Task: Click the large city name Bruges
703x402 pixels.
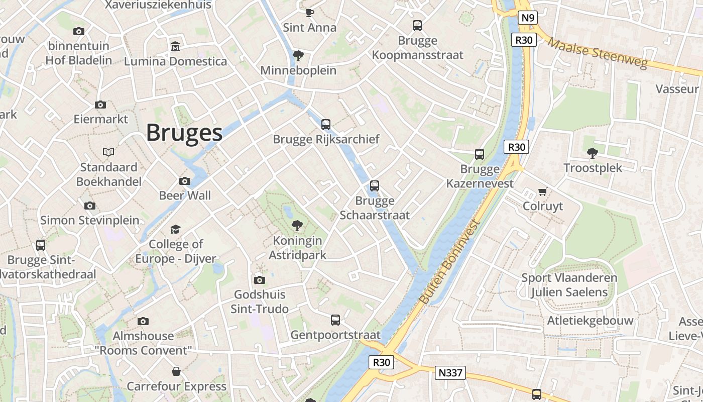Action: [x=184, y=133]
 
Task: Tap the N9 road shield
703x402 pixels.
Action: [x=527, y=18]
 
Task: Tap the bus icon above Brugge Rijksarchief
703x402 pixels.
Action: [x=326, y=124]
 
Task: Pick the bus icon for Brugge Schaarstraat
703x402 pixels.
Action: [x=375, y=186]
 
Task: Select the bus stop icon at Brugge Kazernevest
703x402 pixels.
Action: [x=480, y=154]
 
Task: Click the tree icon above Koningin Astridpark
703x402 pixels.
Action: [x=297, y=226]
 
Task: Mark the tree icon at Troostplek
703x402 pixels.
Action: [x=593, y=153]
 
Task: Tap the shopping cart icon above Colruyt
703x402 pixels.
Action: [x=542, y=191]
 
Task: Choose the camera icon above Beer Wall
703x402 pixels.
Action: [x=185, y=181]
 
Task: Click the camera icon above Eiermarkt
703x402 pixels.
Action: [x=100, y=105]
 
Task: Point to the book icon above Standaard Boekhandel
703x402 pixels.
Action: [x=108, y=152]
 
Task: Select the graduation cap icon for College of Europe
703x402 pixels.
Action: [x=175, y=229]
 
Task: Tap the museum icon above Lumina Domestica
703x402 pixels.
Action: [x=175, y=46]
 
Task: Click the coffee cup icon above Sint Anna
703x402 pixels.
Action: [x=310, y=13]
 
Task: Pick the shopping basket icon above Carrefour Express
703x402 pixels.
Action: [x=176, y=371]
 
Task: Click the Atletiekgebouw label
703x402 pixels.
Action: [x=590, y=321]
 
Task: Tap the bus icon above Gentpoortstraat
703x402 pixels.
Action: [x=335, y=320]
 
